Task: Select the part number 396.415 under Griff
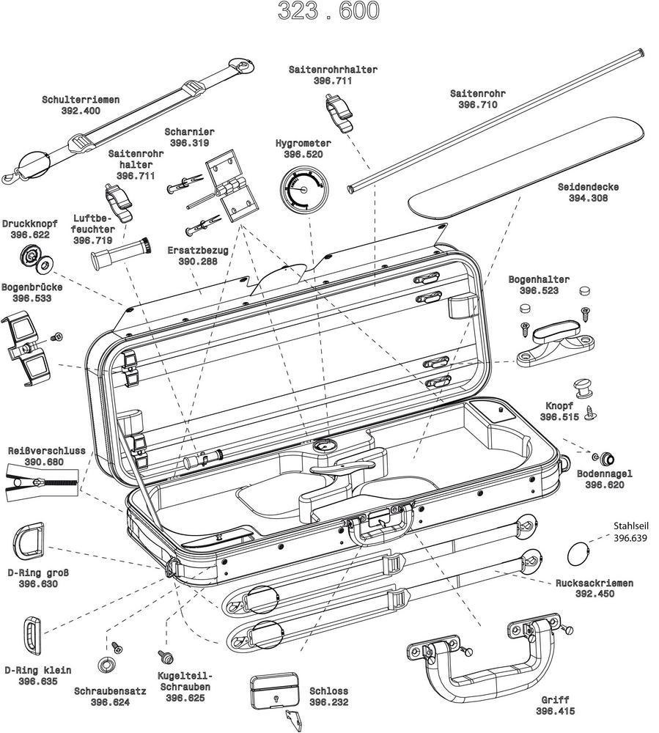(x=555, y=711)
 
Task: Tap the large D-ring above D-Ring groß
(x=28, y=542)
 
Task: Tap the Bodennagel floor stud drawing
(x=607, y=459)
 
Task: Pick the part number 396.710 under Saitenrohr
(x=477, y=105)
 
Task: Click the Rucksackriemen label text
(x=593, y=583)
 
